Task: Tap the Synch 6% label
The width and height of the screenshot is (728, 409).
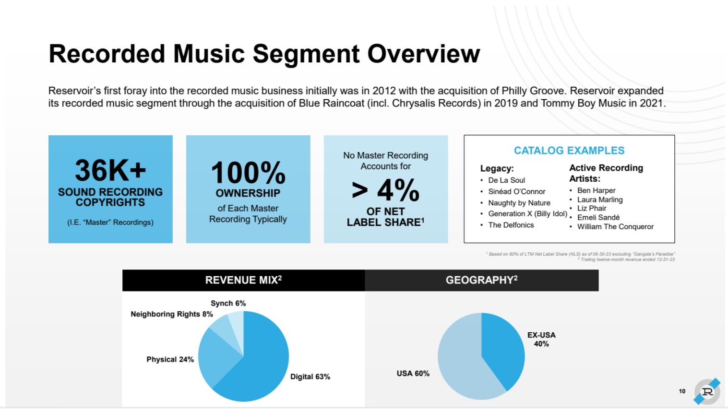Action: (228, 303)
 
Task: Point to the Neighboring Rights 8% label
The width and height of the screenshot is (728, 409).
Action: (172, 314)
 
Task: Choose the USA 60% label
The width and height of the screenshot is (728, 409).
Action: (413, 374)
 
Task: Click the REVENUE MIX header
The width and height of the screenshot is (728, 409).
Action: (243, 280)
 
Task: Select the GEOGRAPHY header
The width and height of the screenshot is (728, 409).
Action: (482, 280)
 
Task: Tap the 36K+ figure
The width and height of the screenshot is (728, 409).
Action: (110, 171)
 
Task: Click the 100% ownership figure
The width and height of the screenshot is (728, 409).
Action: (248, 173)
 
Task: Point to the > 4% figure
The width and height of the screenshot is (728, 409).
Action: (385, 190)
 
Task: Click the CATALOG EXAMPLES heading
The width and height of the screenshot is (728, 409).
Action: (569, 151)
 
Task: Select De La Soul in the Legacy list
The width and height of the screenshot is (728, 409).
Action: (506, 180)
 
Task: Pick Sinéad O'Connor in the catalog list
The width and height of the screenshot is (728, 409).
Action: (516, 191)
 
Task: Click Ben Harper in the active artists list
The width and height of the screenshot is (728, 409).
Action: (596, 190)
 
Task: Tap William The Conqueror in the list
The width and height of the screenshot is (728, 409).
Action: (615, 227)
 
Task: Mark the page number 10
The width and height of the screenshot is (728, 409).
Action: (682, 391)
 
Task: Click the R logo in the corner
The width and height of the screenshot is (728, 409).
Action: (707, 391)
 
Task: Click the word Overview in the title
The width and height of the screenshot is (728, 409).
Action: (423, 54)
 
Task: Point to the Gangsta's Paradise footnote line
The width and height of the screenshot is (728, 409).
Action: (581, 254)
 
